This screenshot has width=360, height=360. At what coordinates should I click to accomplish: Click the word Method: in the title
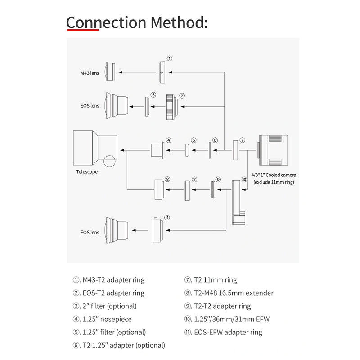pos(179,22)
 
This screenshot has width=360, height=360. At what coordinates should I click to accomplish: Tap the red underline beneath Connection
pos(83,30)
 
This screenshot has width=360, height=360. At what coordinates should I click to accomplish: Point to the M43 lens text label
pos(90,73)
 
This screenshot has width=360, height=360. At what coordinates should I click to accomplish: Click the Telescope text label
pos(87,172)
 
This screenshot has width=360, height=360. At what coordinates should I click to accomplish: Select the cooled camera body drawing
pos(273,150)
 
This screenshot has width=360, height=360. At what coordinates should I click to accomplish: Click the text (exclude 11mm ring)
pos(274,182)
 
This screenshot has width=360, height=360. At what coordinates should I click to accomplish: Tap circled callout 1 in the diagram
pos(170,58)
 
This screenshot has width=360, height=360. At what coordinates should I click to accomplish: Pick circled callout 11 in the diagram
pos(167,218)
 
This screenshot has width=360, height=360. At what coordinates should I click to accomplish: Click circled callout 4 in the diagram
pos(169,140)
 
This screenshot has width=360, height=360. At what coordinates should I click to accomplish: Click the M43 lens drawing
pos(110,72)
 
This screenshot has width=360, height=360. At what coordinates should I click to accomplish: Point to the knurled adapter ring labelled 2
pos(171,107)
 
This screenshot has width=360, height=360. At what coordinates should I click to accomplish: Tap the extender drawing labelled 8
pos(159,189)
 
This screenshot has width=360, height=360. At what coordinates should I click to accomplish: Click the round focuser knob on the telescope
pos(109,161)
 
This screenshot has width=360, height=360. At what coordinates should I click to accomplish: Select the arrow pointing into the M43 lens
pos(137,72)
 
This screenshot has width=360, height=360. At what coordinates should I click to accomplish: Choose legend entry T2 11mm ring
pos(211,280)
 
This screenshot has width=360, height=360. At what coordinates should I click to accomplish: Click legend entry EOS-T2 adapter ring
pos(108,293)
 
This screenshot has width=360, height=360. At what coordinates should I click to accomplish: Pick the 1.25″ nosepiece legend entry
pos(102,319)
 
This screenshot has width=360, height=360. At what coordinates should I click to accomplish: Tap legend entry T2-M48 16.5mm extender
pos(229,293)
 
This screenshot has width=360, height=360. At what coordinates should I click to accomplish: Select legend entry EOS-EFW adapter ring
pos(223,332)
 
